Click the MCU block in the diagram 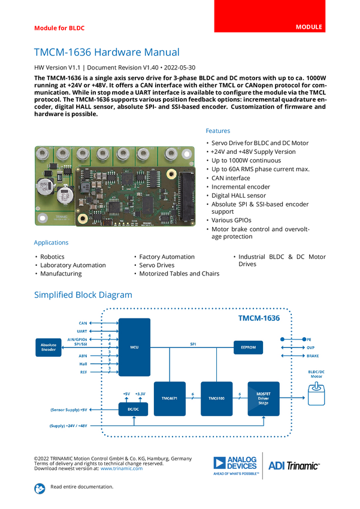134,346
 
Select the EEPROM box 248,347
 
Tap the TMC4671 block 170,398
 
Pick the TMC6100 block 216,398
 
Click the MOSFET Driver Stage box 263,398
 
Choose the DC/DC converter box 134,410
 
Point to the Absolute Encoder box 48,347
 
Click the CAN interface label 83,323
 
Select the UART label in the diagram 82,331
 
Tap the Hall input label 83,364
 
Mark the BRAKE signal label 313,356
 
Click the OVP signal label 311,347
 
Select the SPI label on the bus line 193,344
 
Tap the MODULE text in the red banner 309,27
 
